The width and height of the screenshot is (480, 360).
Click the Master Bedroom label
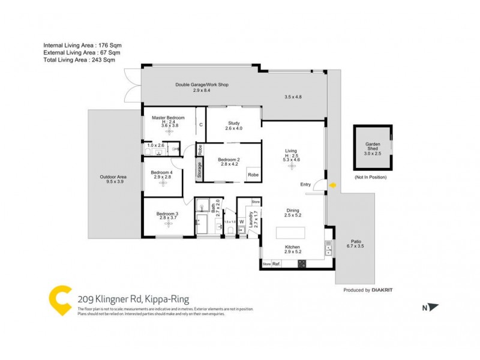point(168,118)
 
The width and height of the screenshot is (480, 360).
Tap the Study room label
point(234,123)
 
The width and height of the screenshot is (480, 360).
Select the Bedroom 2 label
point(229,159)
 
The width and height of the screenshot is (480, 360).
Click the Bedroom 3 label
point(167,214)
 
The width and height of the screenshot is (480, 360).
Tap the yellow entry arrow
point(333,185)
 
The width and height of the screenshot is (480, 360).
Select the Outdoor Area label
point(113,177)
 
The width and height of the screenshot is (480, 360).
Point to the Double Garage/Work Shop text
point(202,85)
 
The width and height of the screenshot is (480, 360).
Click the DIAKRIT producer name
point(385,290)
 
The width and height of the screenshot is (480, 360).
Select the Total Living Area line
point(79,59)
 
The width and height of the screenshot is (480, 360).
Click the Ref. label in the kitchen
point(277,264)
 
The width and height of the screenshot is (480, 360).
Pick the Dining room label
point(293,211)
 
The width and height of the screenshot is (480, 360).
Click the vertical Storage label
point(200,170)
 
